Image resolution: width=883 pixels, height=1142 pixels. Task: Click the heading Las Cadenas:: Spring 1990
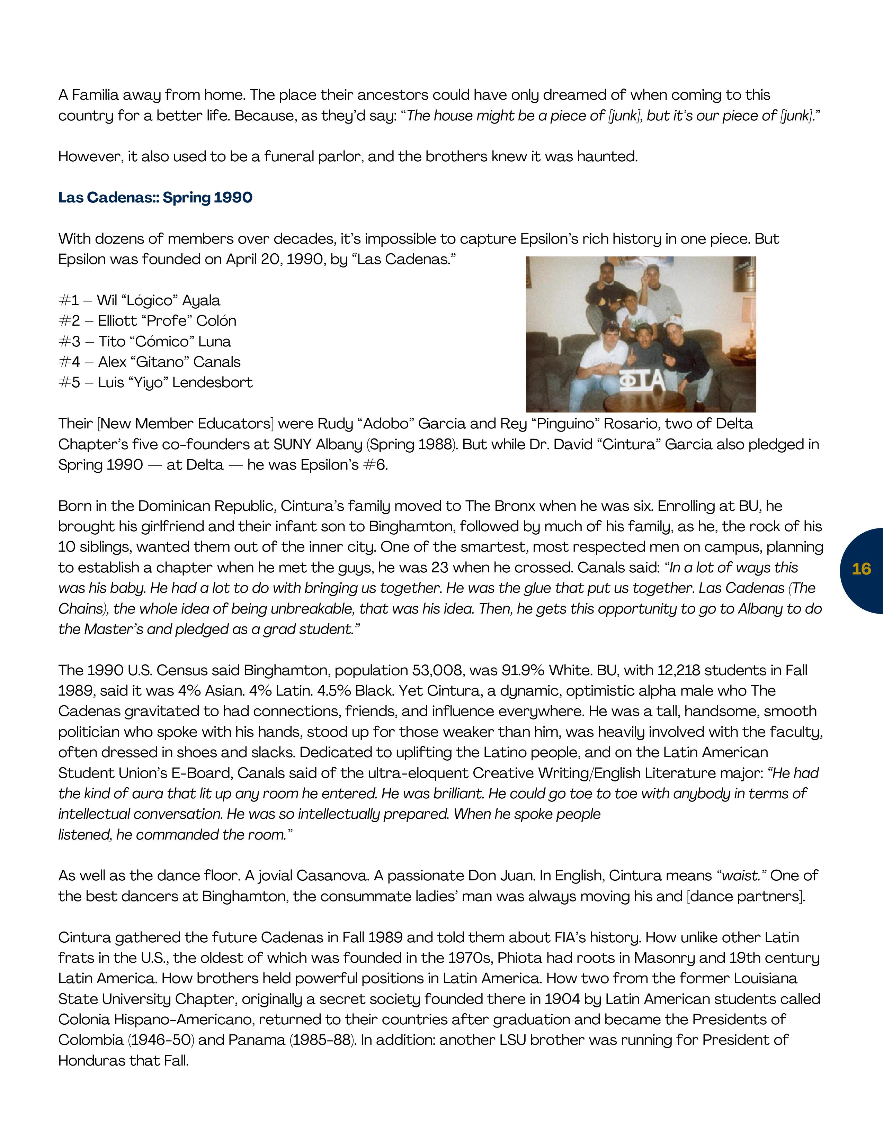click(x=155, y=198)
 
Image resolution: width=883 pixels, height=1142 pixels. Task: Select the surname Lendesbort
click(x=212, y=383)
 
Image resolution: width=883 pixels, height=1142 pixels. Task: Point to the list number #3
click(x=69, y=342)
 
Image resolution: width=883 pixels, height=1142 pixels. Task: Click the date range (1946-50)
click(x=161, y=1040)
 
